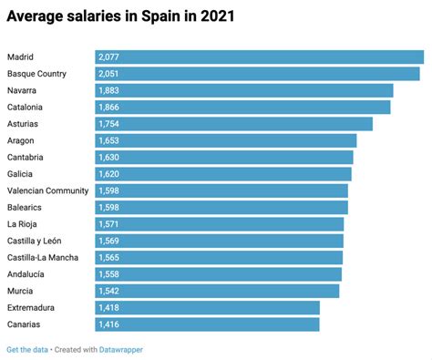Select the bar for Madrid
(x=259, y=57)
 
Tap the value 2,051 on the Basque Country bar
(x=112, y=74)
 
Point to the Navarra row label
(x=23, y=90)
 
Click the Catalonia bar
(x=242, y=107)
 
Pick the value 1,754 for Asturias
(x=112, y=124)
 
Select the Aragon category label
(x=21, y=140)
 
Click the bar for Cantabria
(x=223, y=157)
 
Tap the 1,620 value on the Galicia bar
(x=112, y=173)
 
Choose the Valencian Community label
(x=47, y=190)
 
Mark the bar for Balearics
(x=221, y=207)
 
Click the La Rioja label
(x=23, y=223)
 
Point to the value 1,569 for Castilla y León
(x=112, y=241)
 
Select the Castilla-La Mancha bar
(x=219, y=257)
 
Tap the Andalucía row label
(x=26, y=273)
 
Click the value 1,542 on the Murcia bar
(x=112, y=290)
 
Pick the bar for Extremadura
(x=207, y=307)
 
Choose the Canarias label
(x=25, y=324)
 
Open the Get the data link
(x=27, y=349)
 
